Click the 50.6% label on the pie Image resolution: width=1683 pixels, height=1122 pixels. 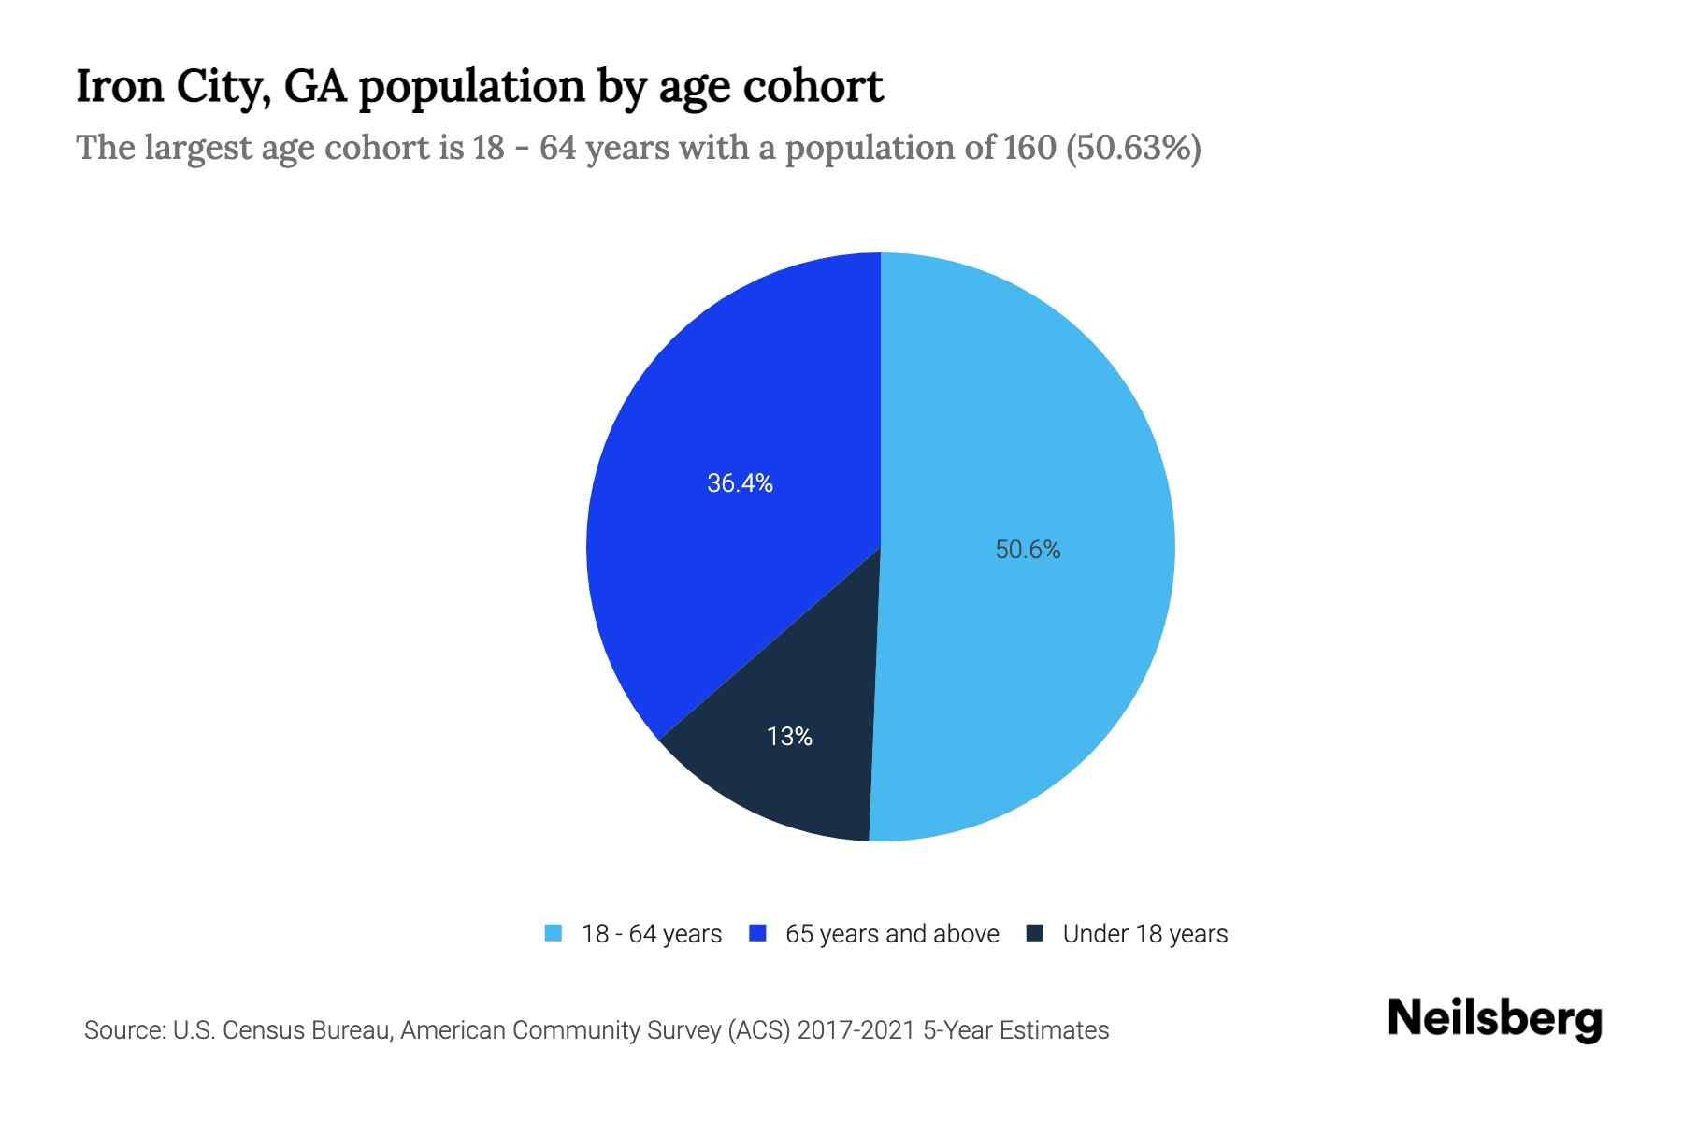1028,550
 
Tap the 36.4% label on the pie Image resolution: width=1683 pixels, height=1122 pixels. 740,483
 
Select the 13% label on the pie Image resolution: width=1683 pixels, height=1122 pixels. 789,737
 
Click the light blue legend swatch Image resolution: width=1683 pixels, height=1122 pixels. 554,933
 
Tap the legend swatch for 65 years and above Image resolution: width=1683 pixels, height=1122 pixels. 758,933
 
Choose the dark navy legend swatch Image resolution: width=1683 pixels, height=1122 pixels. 1035,933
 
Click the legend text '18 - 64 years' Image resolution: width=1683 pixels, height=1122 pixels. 652,934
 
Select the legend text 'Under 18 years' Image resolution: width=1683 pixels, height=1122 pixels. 1144,934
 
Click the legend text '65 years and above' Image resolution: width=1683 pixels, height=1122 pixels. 892,934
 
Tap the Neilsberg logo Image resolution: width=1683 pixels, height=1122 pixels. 1494,1019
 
